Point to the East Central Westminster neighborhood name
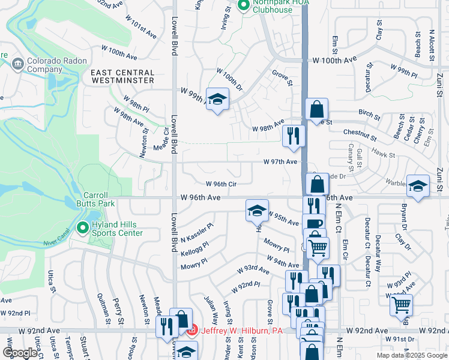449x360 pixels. (122, 76)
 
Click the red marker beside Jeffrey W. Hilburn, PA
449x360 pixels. (191, 330)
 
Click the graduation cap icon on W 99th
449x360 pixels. (217, 99)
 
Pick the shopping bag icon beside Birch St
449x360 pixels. (316, 109)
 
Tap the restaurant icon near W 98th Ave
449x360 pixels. (294, 135)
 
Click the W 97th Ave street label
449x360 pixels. (280, 162)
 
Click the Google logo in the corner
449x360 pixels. (20, 353)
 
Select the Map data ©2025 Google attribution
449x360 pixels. (411, 355)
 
